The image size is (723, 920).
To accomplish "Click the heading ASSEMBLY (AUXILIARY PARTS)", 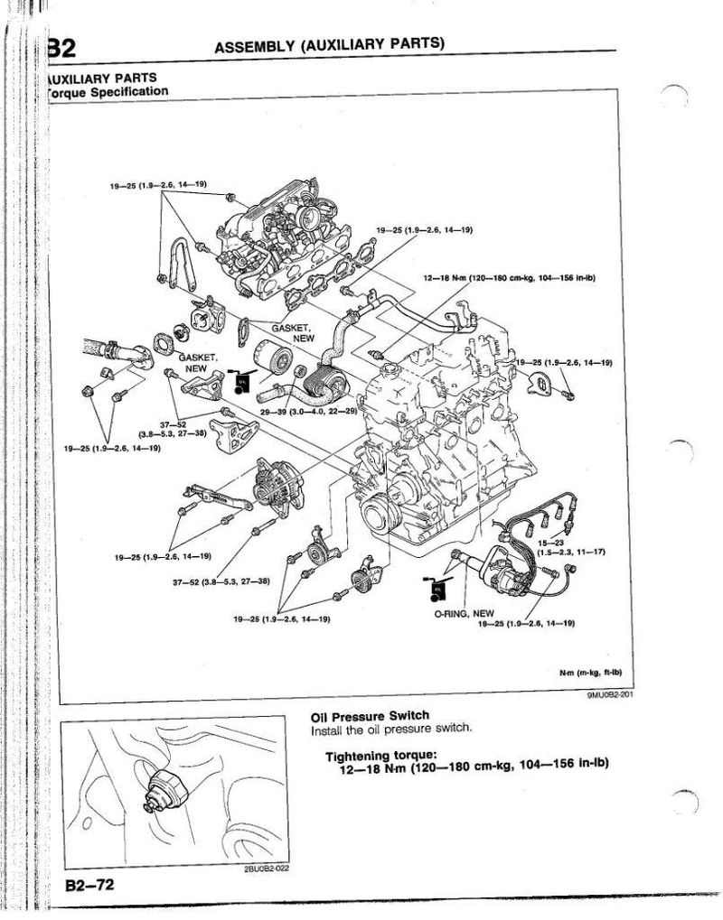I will pos(330,45).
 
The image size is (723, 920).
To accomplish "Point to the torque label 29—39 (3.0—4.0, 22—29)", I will pos(308,411).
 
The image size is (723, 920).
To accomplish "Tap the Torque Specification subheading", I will pos(108,90).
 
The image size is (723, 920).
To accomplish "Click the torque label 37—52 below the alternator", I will pos(221,581).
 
